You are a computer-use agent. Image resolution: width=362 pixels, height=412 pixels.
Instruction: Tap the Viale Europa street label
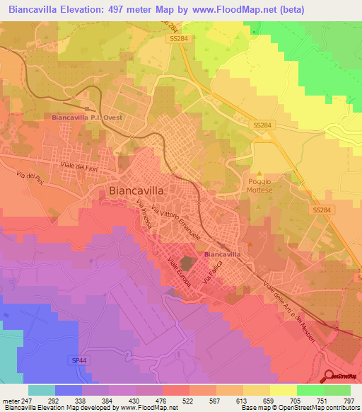[x=180, y=272]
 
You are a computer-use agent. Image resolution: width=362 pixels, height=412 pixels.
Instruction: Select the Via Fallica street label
[x=211, y=273]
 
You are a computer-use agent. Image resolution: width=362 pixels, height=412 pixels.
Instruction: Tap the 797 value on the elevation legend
[x=347, y=401]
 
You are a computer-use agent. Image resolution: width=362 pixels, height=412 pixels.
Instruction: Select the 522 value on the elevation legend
[x=188, y=401]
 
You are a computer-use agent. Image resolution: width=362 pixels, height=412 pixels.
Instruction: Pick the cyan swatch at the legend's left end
[x=41, y=390]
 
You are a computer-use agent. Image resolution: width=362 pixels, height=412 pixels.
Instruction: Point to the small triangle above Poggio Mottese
[x=259, y=172]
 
